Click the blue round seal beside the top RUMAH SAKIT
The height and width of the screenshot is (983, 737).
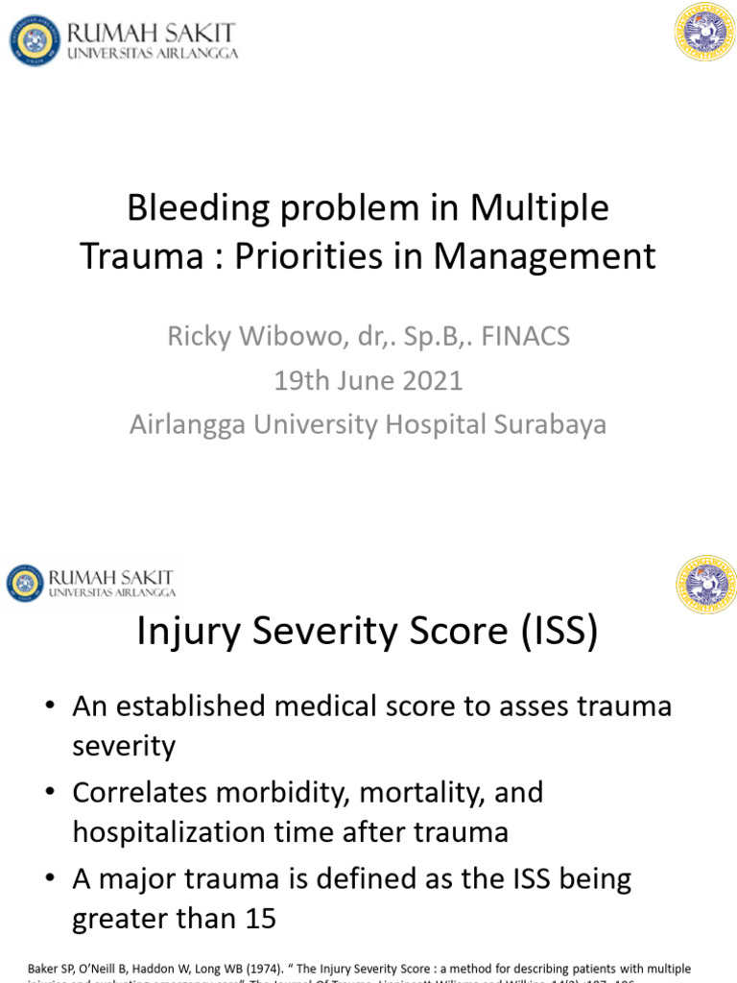pos(36,41)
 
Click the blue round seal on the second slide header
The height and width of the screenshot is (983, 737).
pos(26,584)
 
